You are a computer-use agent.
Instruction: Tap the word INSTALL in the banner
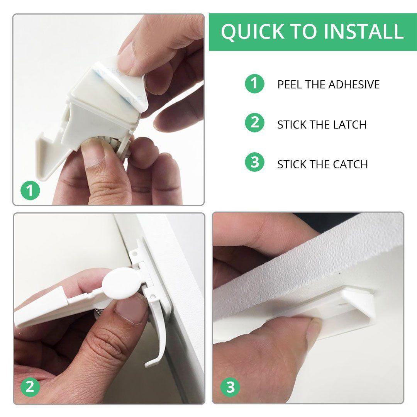[x=364, y=31]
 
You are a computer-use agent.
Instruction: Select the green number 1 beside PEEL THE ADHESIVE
[x=254, y=83]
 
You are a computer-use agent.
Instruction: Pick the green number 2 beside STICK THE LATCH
[x=254, y=123]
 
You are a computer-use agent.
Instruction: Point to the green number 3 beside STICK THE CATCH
[x=254, y=162]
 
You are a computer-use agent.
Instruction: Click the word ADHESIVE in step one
[x=354, y=85]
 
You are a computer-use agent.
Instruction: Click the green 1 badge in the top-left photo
[x=31, y=190]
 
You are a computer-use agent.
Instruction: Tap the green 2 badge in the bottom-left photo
[x=31, y=387]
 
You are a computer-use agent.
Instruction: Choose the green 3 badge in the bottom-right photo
[x=230, y=387]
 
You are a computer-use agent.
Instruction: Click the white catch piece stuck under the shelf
[x=346, y=306]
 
